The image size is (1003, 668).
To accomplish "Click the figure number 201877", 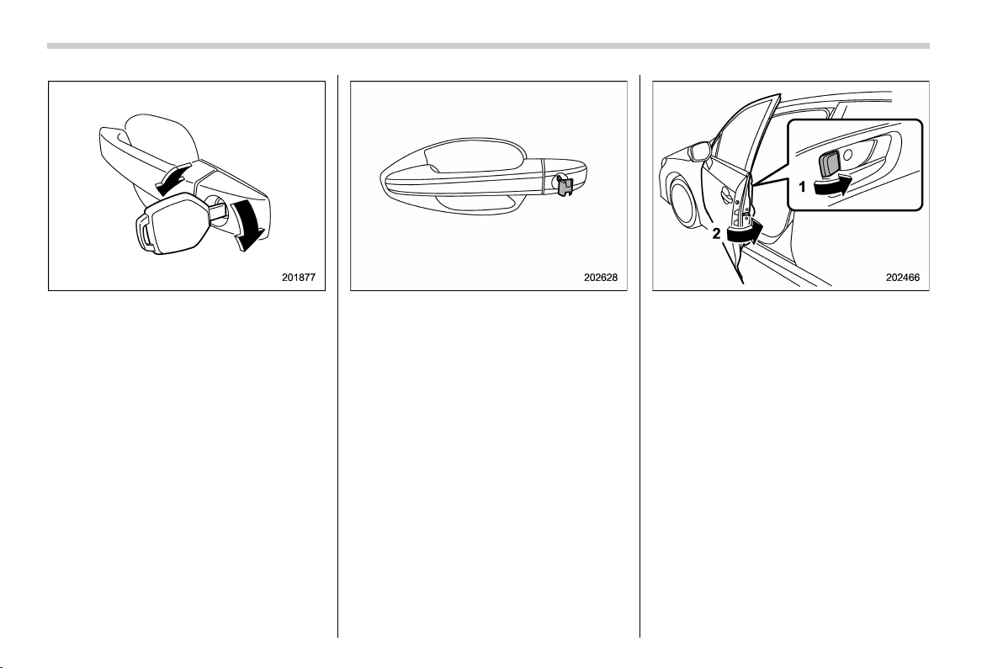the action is pos(299,278).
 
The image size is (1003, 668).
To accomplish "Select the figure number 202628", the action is pos(601,278).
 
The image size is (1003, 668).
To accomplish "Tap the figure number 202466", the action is pos(903,278).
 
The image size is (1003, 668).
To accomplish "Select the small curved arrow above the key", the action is pos(172,178).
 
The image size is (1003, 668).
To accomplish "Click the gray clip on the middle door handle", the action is pos(564,185).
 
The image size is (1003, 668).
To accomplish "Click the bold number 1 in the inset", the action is pos(802,188).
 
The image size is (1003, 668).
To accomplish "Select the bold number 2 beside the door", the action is pos(716,234).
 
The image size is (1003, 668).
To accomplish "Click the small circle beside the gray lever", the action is pos(848,155).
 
